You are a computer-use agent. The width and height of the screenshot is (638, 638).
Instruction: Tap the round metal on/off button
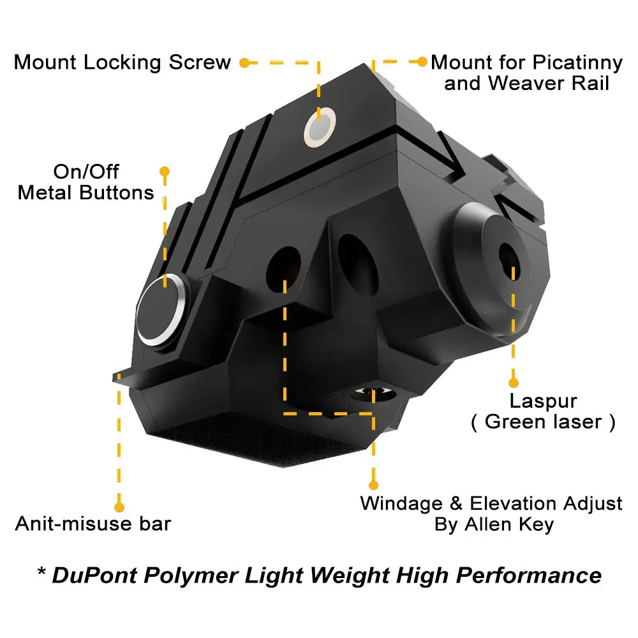point(163,311)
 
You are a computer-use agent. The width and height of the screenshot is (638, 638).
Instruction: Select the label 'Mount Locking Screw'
point(122,63)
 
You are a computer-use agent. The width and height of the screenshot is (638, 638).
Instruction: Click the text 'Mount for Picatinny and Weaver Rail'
point(526,73)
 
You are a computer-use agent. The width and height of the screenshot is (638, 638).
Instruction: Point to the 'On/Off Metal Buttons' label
point(86,182)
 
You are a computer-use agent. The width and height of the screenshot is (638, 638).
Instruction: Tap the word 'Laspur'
point(543,401)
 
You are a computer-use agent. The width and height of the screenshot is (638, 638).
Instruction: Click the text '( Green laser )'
point(543,422)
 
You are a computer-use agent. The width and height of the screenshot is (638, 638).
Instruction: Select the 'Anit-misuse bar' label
point(93,524)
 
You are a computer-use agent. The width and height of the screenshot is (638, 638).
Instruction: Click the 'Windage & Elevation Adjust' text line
point(491,503)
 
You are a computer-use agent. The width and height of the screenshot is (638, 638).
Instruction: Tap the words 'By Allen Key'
point(494,525)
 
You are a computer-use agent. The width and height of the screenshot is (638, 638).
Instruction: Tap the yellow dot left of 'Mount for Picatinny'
point(422,62)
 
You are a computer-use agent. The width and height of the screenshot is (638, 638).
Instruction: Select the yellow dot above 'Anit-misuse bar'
point(119,507)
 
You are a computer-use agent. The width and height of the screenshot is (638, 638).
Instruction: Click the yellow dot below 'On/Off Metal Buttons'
point(165,172)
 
